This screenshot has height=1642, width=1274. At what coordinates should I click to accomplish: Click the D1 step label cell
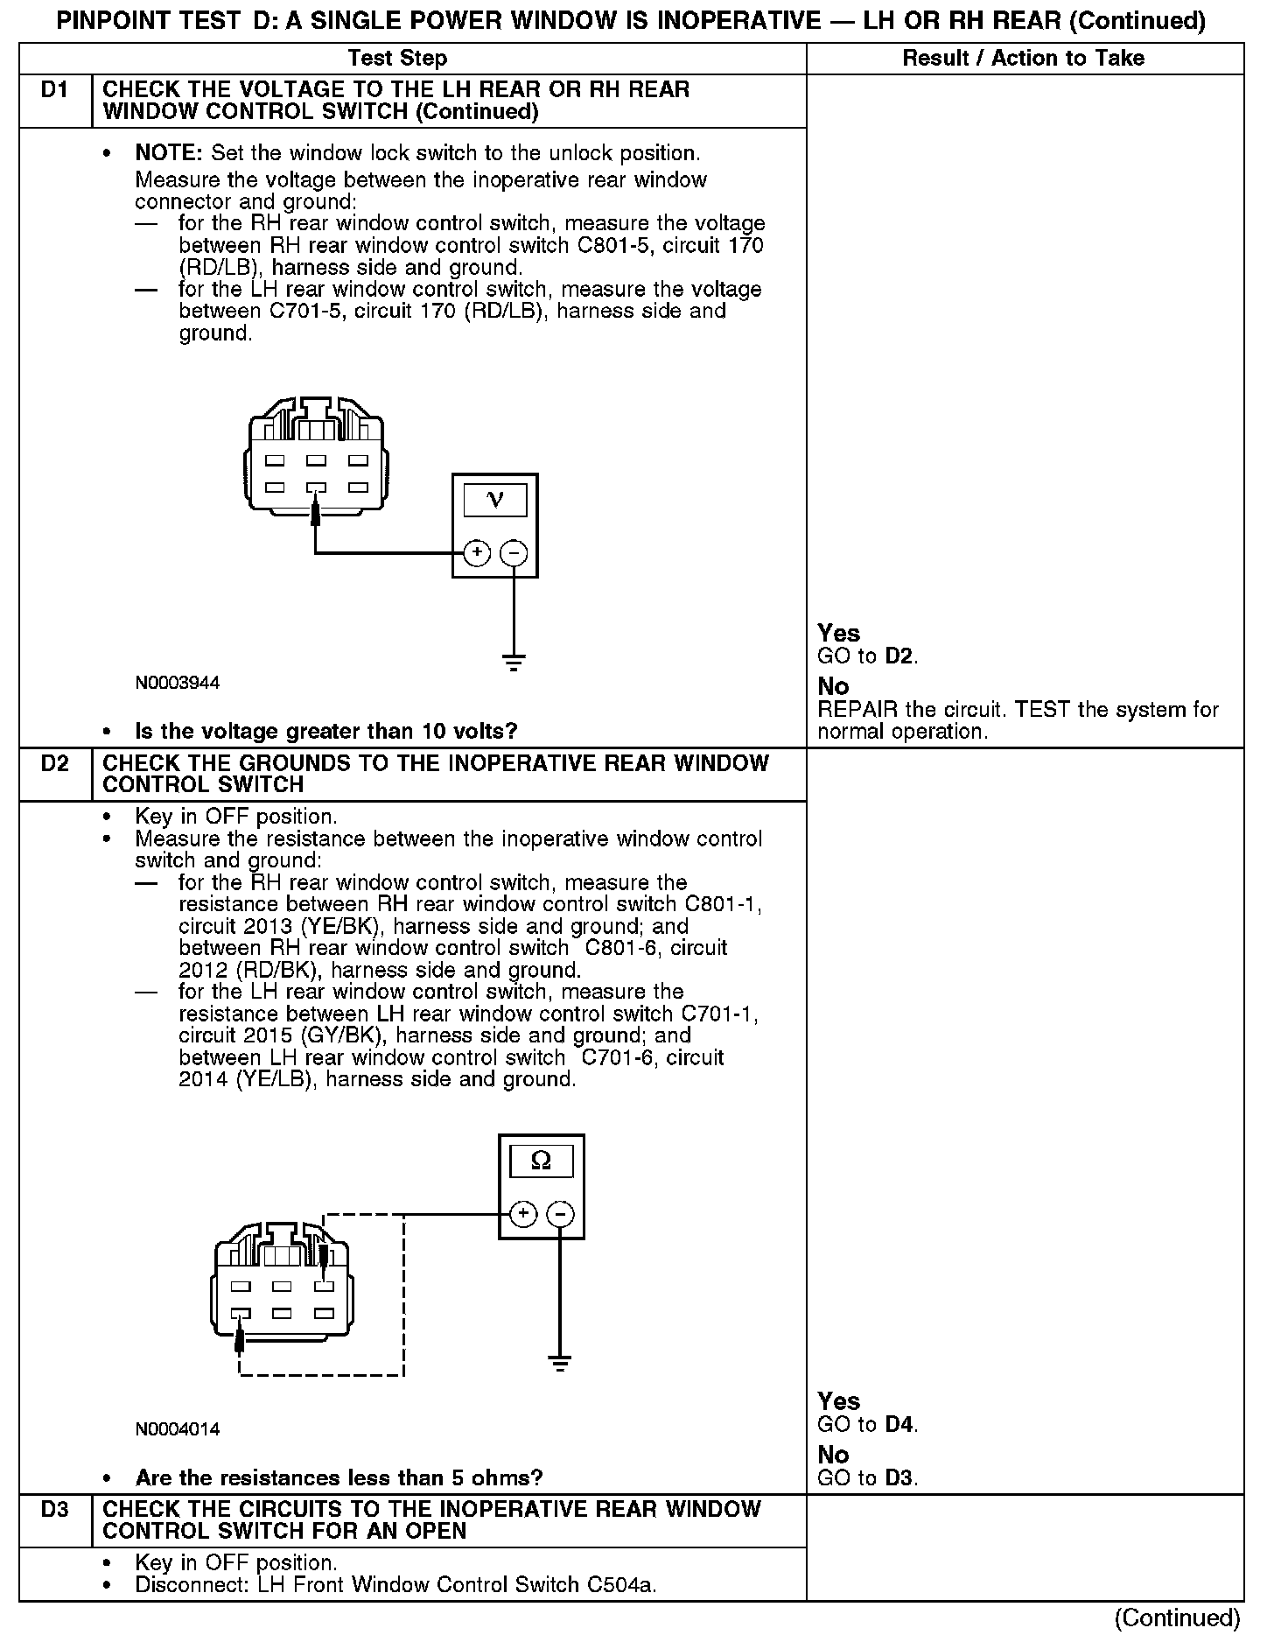click(54, 90)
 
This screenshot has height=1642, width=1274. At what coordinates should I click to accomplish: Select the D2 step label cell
click(54, 763)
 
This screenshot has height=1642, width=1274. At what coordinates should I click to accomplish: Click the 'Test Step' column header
click(397, 59)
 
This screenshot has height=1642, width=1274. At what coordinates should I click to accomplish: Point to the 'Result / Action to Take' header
click(1023, 59)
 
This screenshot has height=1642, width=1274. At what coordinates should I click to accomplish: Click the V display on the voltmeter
click(494, 500)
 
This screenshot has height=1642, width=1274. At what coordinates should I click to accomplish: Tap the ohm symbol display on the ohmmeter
click(541, 1161)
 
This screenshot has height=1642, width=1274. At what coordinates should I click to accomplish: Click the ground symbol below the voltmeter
click(514, 662)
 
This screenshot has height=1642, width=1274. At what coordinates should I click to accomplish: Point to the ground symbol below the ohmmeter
click(560, 1363)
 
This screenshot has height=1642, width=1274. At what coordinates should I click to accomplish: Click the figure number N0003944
click(178, 683)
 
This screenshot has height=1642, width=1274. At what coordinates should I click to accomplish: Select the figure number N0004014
click(178, 1429)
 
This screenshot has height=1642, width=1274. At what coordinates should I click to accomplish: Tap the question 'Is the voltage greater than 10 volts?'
click(325, 731)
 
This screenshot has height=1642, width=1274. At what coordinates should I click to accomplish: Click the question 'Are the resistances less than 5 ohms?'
click(339, 1478)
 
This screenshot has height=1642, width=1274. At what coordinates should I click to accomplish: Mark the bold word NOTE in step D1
click(168, 153)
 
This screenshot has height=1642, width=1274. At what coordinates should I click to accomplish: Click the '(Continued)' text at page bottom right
click(1178, 1617)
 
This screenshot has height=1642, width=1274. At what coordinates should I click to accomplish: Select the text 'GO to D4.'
click(867, 1425)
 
